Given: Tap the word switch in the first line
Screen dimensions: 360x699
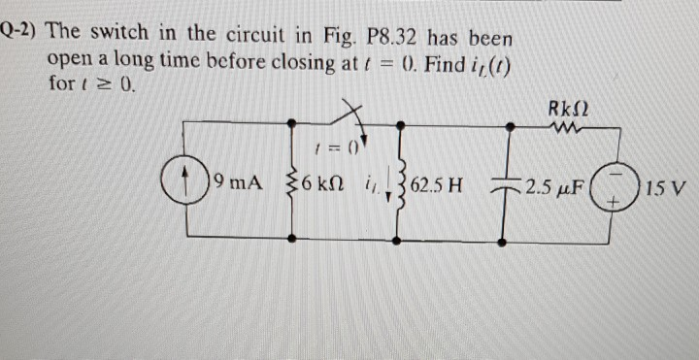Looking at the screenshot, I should click(129, 33).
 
